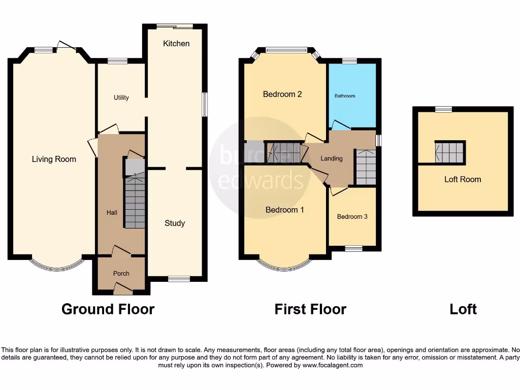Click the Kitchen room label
[x=176, y=44]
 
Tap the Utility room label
[x=121, y=97]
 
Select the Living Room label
[x=54, y=159]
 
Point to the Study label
[x=175, y=223]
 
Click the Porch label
[x=121, y=273]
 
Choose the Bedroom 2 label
[x=282, y=94]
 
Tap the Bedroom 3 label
[x=352, y=216]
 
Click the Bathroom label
[x=345, y=95]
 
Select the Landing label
[x=332, y=158]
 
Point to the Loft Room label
[x=462, y=179]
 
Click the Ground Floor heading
[x=108, y=309]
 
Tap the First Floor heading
[x=310, y=309]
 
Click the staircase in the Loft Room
[x=450, y=152]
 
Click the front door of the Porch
[x=122, y=289]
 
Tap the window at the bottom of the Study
[x=179, y=278]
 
